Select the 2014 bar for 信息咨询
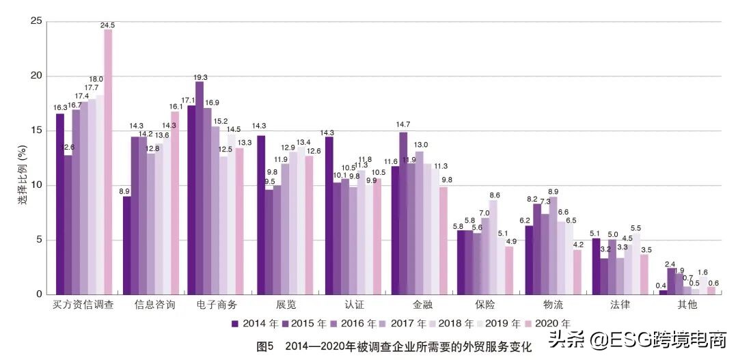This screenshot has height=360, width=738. (x=127, y=245)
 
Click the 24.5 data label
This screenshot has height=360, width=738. (x=107, y=25)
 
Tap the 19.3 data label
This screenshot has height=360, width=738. (x=200, y=77)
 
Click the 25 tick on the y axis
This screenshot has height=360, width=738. (x=36, y=22)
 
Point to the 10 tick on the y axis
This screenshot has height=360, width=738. (x=36, y=185)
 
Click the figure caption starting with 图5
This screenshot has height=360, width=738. (x=393, y=347)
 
